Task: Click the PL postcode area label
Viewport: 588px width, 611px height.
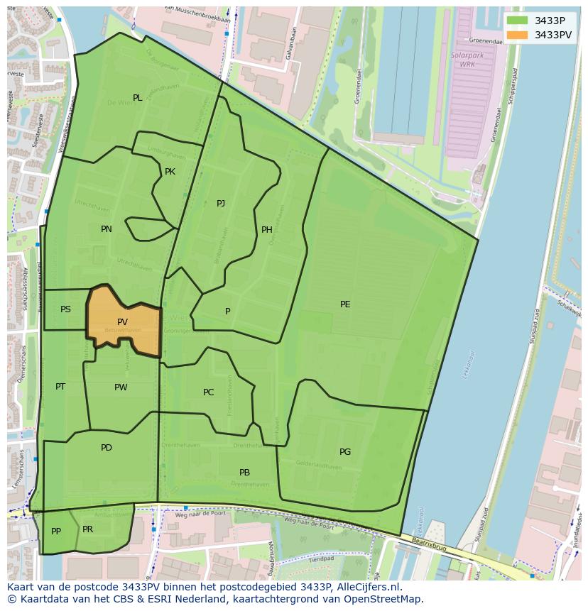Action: (138, 98)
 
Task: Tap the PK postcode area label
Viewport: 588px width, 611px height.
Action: (170, 172)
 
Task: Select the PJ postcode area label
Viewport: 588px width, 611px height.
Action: (221, 204)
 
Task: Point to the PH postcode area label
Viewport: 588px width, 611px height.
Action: (267, 229)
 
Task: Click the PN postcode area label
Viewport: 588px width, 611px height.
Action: (107, 229)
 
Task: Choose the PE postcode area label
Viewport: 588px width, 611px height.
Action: (345, 304)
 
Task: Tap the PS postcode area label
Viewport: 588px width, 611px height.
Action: (65, 309)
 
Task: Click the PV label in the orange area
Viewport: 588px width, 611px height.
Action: (122, 322)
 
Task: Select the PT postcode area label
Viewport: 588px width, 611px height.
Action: (60, 387)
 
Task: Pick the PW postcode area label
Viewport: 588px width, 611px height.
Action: (121, 387)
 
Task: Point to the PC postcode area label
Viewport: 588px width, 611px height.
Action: (208, 392)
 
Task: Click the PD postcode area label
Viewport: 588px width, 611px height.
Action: (107, 448)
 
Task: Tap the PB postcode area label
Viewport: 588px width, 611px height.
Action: (244, 473)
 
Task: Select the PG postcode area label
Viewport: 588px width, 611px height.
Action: (345, 452)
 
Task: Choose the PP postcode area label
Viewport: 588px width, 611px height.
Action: (56, 532)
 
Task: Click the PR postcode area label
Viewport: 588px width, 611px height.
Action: (87, 529)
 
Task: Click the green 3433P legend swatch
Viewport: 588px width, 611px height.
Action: (518, 21)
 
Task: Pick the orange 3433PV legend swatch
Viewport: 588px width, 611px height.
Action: (518, 35)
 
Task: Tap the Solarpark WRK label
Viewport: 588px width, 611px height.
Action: (462, 60)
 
